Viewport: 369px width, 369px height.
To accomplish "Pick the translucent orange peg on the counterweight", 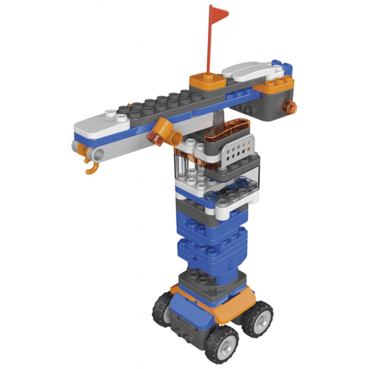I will pos(289,106).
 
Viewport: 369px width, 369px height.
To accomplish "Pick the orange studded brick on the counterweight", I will pos(279,83).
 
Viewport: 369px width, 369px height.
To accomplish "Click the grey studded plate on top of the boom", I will pos(162,105).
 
